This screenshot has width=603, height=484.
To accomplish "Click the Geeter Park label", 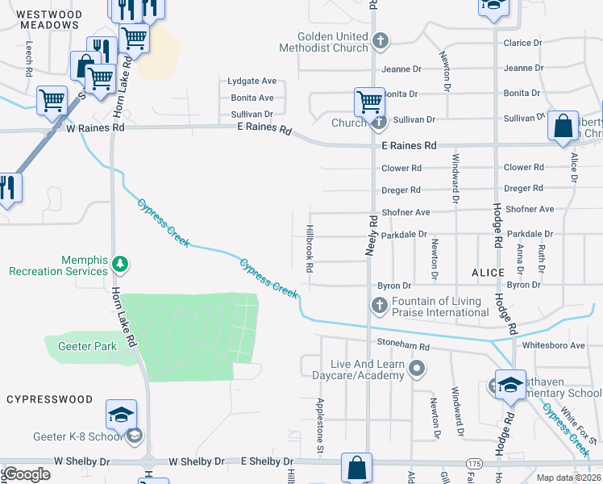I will coord(87,346).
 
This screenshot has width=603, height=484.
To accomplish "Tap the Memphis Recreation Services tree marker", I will coord(120,264).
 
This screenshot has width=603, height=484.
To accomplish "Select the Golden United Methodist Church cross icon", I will coord(381,39).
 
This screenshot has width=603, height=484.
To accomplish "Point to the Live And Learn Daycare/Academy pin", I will coord(417,369).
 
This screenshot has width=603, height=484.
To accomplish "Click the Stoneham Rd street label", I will coord(404,346).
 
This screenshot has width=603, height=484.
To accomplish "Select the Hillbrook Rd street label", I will coord(308,247).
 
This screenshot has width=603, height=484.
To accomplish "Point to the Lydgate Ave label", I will coord(252,81).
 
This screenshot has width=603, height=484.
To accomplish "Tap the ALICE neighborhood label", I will coord(488,273).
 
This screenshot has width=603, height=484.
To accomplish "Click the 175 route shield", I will coord(473,463).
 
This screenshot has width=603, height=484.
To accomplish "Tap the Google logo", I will coord(27,474).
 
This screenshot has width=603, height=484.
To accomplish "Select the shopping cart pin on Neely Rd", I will coord(369,102).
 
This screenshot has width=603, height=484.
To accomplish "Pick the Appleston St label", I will coord(320,424).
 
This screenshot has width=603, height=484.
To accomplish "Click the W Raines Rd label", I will coord(95,127).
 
